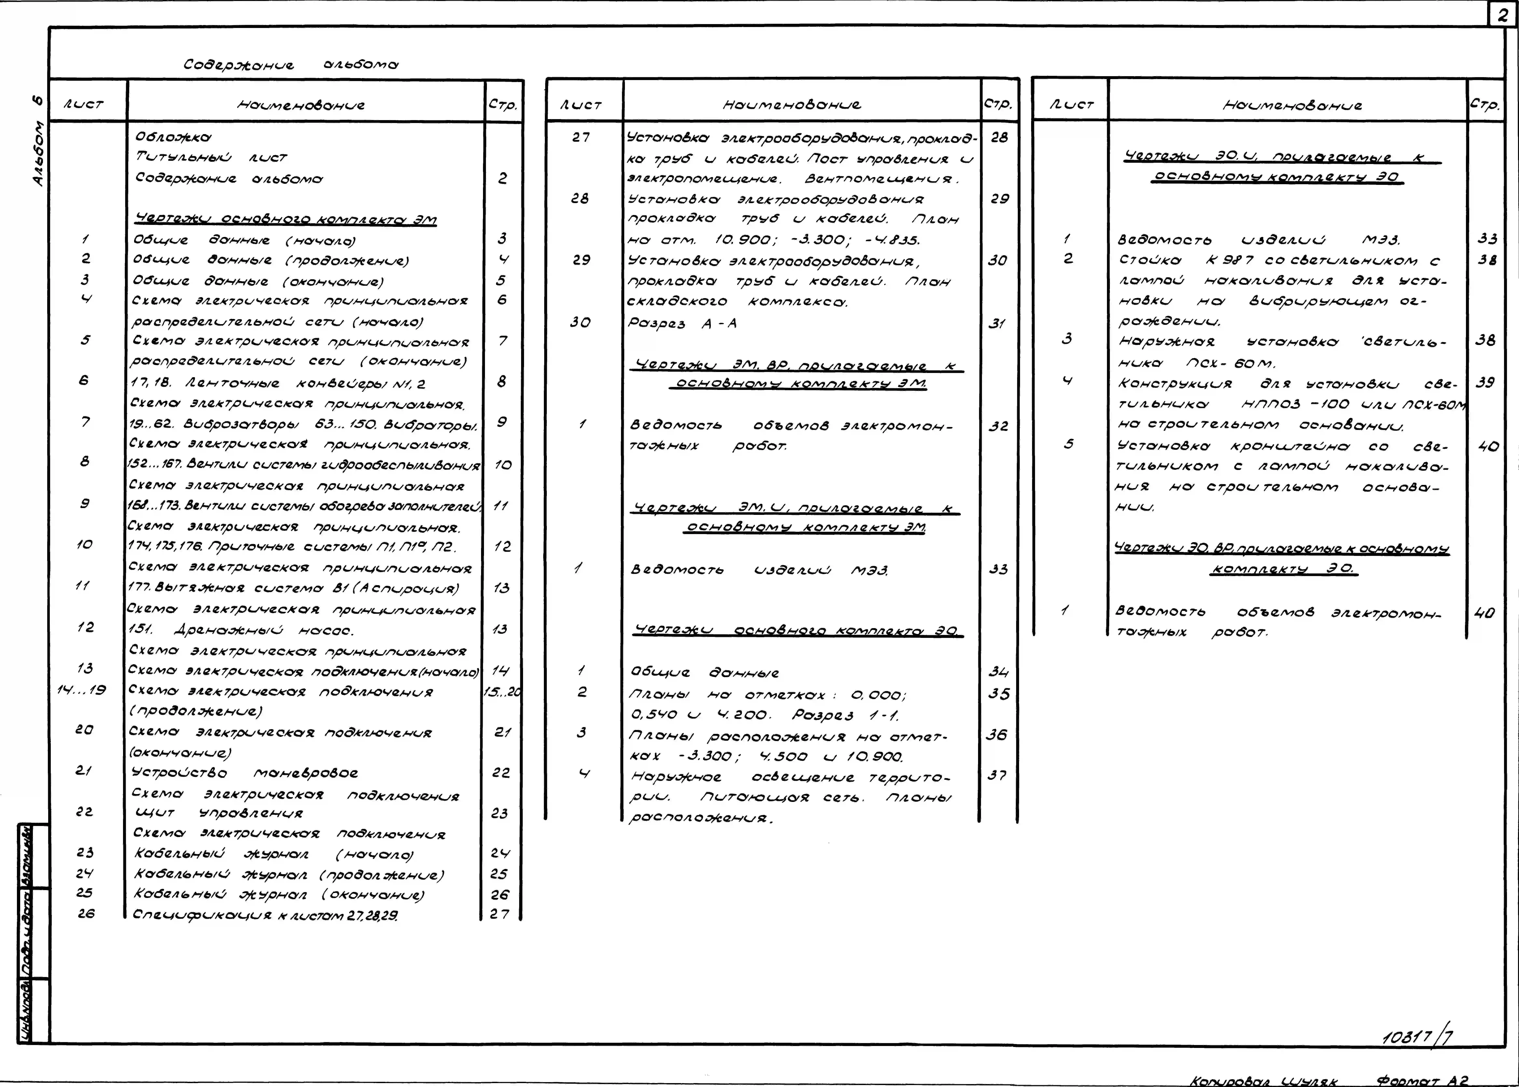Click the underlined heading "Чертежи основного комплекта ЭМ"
[286, 219]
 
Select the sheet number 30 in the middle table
[580, 322]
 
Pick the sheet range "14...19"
[82, 689]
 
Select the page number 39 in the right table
[1485, 382]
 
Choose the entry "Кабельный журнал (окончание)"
[279, 894]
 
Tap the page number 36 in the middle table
[996, 734]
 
